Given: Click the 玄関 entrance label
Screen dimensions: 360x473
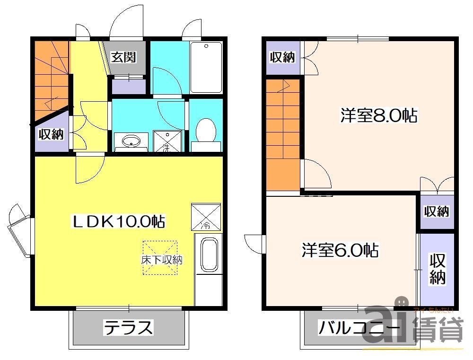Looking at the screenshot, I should pyautogui.click(x=123, y=57).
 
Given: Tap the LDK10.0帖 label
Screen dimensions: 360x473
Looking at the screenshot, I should pyautogui.click(x=118, y=220).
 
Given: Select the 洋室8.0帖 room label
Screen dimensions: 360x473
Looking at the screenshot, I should pyautogui.click(x=378, y=115).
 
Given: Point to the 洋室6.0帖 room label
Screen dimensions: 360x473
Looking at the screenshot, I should pyautogui.click(x=340, y=250).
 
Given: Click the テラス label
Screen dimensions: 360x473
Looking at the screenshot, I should pyautogui.click(x=129, y=327).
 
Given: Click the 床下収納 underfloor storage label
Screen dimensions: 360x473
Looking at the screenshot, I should pyautogui.click(x=161, y=260).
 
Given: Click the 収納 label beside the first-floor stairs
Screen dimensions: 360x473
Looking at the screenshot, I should pyautogui.click(x=51, y=134).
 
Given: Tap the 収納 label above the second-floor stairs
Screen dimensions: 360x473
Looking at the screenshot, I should pyautogui.click(x=282, y=57).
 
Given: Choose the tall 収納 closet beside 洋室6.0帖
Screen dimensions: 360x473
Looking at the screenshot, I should pyautogui.click(x=438, y=269).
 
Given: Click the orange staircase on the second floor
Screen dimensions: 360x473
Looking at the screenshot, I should pyautogui.click(x=283, y=135).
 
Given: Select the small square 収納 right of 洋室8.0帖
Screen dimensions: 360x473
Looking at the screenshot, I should pyautogui.click(x=436, y=211).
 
